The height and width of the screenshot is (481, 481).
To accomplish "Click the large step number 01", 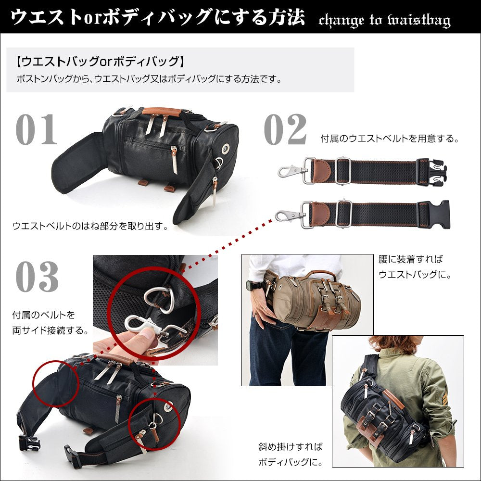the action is coord(37,129).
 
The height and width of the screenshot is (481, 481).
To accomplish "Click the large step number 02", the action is coord(285,129).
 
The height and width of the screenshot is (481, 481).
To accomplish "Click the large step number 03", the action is coord(37,277).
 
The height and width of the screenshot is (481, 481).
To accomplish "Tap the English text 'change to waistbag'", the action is coord(385,20).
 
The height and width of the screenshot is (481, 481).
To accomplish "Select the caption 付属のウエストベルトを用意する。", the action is coord(390,139).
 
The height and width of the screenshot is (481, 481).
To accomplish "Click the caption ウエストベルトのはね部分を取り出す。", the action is coord(90,226).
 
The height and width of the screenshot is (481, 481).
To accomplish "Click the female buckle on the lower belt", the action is coord(434,214).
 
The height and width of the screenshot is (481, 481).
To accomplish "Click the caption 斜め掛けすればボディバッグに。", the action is coord(291,454).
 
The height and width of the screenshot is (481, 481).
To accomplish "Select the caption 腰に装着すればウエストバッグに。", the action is coord(415,266).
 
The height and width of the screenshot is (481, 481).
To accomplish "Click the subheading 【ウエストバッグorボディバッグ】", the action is coord(101,62).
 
